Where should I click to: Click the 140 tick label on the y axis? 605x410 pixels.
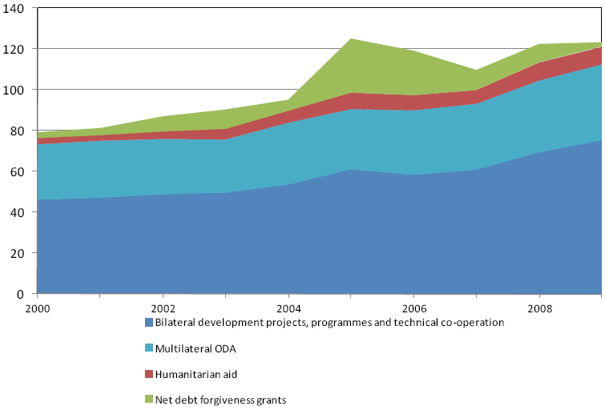pos(15,8)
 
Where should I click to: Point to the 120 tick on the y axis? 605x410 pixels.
pos(15,49)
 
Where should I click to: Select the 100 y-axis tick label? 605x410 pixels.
pos(15,90)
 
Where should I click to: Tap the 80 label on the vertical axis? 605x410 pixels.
pos(18,131)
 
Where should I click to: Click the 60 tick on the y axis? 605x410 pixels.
pos(18,171)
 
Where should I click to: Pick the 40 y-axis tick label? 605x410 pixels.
pos(18,212)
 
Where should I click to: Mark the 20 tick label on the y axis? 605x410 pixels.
pos(18,253)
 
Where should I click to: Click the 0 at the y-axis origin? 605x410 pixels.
pos(22,294)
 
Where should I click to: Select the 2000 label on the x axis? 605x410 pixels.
pos(38,307)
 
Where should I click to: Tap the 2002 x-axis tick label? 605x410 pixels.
pos(163,307)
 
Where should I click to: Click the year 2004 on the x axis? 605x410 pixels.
pos(288,307)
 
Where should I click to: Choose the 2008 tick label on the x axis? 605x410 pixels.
pos(539,307)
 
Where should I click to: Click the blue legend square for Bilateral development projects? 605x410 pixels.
pos(148,323)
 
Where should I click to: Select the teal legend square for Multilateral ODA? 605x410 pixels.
pos(148,349)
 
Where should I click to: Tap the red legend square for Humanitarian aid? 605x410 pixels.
pos(148,375)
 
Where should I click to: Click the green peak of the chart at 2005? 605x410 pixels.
pos(351,40)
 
